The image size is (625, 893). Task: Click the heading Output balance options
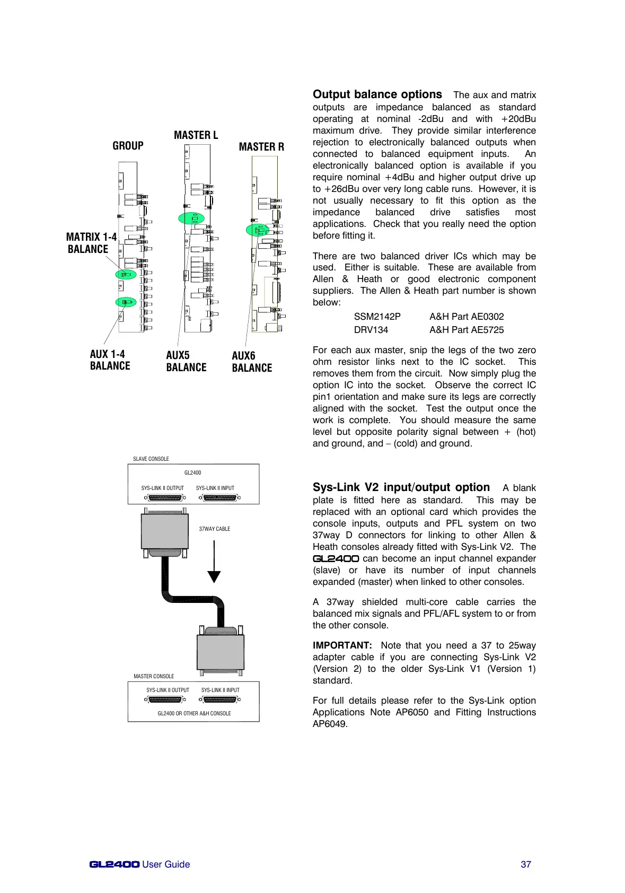pos(377,94)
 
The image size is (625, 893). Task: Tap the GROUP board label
pos(128,146)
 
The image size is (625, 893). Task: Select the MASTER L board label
pos(196,135)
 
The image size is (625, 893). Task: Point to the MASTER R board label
pos(261,147)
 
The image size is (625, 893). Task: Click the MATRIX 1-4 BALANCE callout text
pos(91,243)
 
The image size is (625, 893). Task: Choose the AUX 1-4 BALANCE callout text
pos(110,360)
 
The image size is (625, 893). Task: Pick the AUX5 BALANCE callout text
pos(186,361)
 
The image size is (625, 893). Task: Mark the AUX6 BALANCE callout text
pos(252,362)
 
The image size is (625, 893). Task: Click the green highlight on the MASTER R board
pos(258,230)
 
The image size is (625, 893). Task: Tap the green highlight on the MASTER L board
pos(191,218)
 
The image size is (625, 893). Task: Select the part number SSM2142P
pos(377,317)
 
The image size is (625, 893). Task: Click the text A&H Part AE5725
pos(466,330)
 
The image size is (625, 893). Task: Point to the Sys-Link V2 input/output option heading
pos(401,487)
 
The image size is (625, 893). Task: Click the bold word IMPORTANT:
pos(342,645)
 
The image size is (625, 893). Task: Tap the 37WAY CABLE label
pos(214,529)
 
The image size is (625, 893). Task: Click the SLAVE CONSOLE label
pos(151,459)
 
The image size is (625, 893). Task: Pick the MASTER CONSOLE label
pos(154,676)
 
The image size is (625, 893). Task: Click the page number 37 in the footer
pos(526,864)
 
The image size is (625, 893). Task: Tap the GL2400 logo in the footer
pos(115,864)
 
